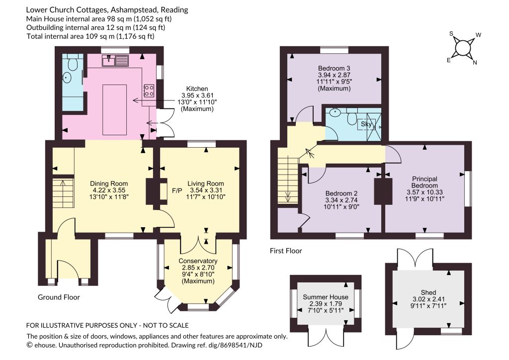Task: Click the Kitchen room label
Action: (x=197, y=89)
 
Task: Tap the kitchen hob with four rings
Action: (x=149, y=90)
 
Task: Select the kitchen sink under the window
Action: (x=115, y=60)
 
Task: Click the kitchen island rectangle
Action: (x=115, y=109)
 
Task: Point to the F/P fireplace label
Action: (x=177, y=190)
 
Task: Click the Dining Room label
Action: (x=109, y=183)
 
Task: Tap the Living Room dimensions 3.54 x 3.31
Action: (x=206, y=190)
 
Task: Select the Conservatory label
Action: (x=198, y=261)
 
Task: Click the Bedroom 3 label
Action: (x=334, y=68)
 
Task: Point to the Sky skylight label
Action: (x=366, y=124)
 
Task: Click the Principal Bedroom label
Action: (x=424, y=182)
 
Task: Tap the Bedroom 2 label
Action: (x=341, y=193)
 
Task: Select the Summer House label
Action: (x=326, y=297)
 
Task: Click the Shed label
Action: (x=428, y=292)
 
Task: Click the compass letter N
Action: (x=475, y=63)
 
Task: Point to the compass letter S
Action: (x=451, y=33)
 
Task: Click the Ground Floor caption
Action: (x=59, y=297)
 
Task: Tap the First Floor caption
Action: (x=286, y=251)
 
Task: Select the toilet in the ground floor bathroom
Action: (x=73, y=63)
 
